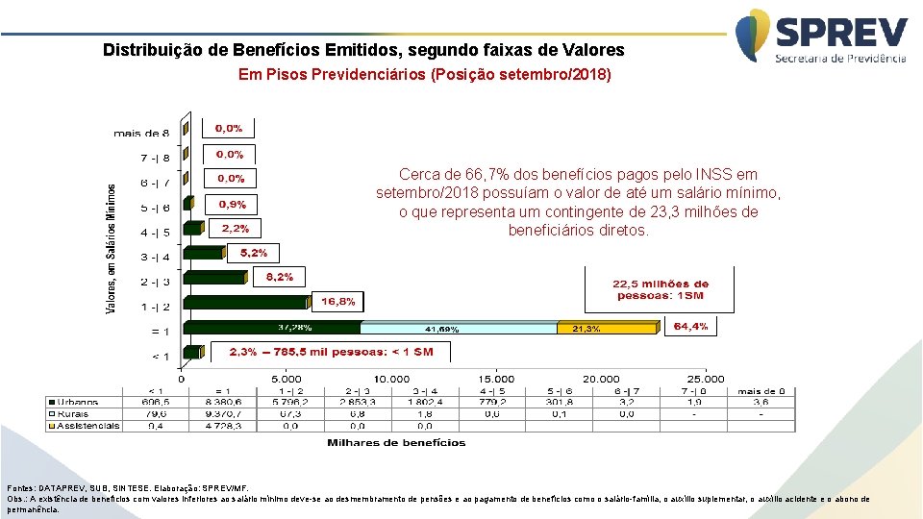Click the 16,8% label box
pos(337,302)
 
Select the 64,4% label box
pos(690,327)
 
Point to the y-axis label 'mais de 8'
pos(141,132)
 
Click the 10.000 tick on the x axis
pos(391,379)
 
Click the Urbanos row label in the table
pos(84,402)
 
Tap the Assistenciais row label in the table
pos(84,425)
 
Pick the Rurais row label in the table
pos(84,413)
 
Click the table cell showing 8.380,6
pos(222,402)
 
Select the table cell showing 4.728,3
pos(222,425)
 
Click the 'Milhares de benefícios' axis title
pos(396,443)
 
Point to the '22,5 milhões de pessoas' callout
pos(661,289)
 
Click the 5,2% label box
pos(254,253)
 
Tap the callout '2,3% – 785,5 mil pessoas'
pos(331,352)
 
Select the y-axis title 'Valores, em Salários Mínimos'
pos(111,249)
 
